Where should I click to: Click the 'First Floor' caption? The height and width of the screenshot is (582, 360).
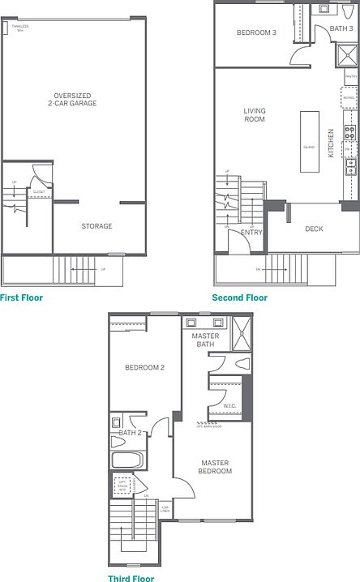(22, 297)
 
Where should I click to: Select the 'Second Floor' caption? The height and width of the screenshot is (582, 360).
(239, 297)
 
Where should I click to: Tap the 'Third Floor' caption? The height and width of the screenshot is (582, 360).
(131, 579)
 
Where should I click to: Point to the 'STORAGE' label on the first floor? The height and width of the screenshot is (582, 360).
(96, 226)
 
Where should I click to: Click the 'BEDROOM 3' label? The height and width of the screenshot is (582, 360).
(255, 33)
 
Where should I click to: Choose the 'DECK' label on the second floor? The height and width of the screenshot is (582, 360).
(314, 229)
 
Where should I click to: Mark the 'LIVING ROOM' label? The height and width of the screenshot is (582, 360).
(255, 115)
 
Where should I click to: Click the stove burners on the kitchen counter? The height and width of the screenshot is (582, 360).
(350, 132)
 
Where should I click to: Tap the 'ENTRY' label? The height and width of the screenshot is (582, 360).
(252, 233)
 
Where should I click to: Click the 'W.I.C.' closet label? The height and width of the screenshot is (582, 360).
(229, 404)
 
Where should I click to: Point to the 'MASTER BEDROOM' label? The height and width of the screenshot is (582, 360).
(216, 467)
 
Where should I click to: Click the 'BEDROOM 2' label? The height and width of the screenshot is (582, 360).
(144, 367)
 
